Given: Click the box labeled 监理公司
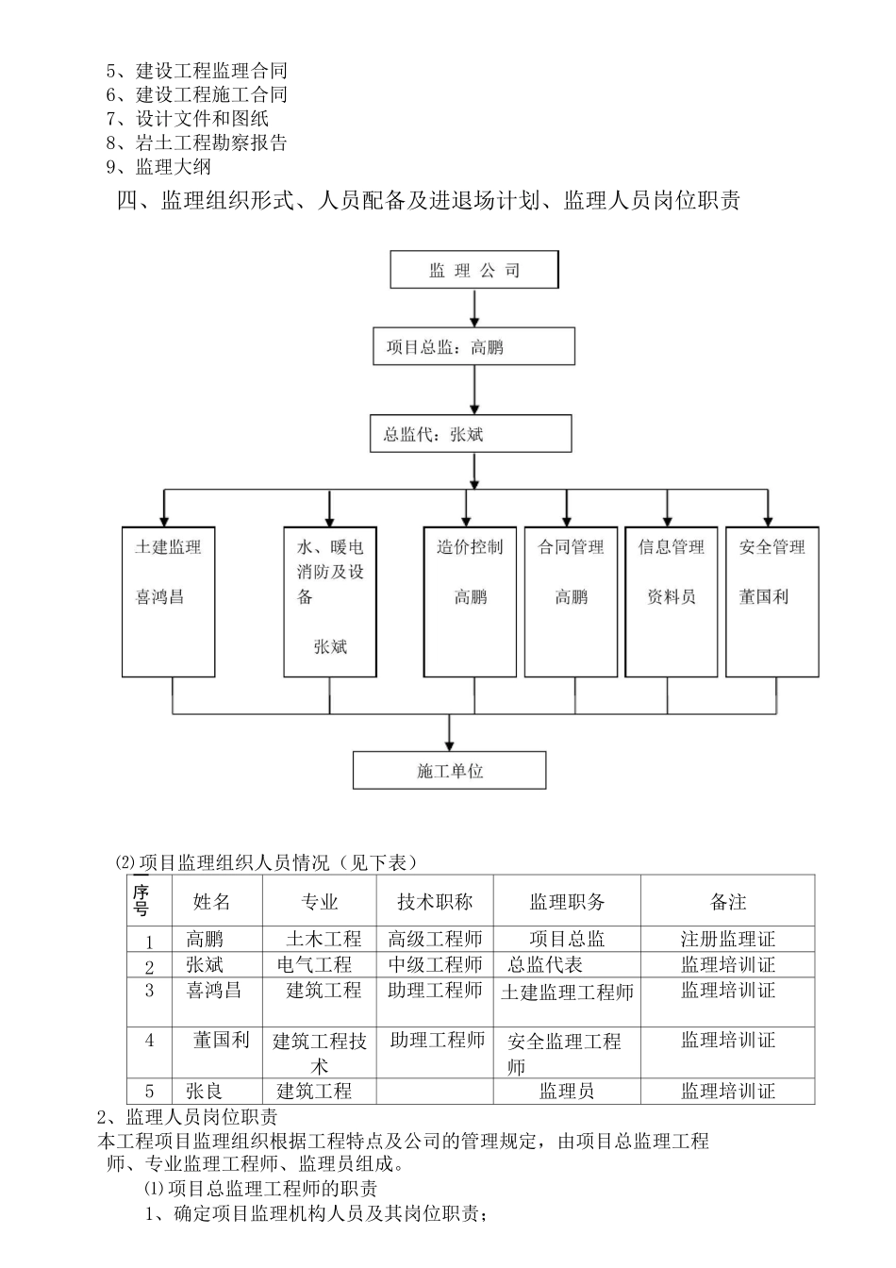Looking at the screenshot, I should coord(474,270).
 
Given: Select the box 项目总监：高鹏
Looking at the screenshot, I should coord(473,346).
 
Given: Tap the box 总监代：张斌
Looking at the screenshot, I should coord(472,435).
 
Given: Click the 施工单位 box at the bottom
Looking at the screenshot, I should coord(449,770).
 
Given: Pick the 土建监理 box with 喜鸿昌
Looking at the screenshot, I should coord(168,601).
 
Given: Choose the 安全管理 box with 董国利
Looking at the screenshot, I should coord(772,601).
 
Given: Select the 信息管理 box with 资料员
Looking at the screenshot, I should coord(671,601).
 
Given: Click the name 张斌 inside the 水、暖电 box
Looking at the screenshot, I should coord(330,647).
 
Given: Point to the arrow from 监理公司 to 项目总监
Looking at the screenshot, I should coord(474,308).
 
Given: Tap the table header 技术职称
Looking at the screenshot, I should coord(434,902).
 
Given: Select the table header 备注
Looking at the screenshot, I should coord(727,902).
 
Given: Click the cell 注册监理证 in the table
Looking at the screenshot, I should coord(727,940).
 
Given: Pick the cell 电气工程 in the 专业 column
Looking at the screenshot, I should coord(315,965).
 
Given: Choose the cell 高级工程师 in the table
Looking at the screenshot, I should coord(435,940).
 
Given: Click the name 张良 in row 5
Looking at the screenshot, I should coord(204,1092).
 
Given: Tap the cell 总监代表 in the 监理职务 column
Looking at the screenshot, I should coord(545,965).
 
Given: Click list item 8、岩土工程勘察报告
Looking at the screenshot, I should coord(197,143).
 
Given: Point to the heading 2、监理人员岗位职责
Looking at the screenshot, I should coord(188,1117).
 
